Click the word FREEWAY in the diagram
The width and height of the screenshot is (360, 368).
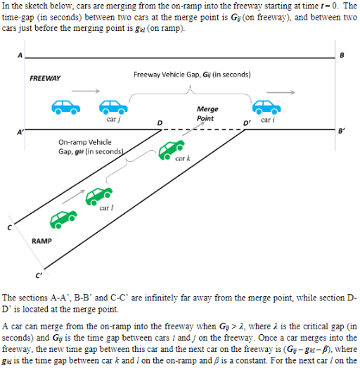click(45, 78)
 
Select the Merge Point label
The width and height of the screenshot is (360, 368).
click(207, 113)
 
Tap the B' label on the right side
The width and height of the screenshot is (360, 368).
click(342, 132)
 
